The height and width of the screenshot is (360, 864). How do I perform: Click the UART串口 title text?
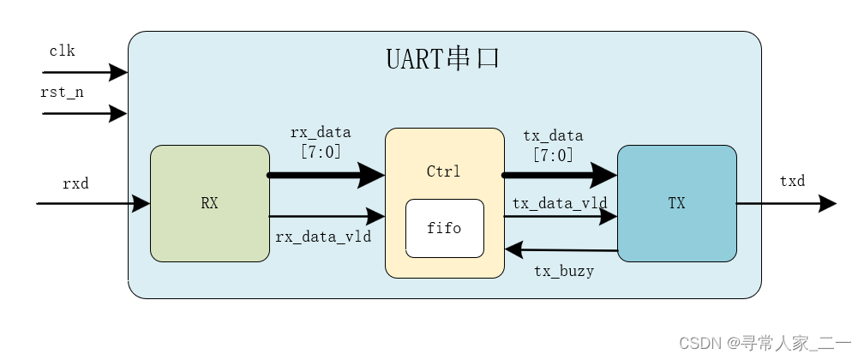click(442, 58)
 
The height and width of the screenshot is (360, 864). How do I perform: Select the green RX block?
click(210, 203)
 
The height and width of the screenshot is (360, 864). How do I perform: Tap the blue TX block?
click(676, 203)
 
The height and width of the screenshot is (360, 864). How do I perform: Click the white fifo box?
click(445, 228)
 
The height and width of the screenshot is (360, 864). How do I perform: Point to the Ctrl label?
click(444, 171)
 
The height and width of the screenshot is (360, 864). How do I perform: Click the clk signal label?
click(62, 51)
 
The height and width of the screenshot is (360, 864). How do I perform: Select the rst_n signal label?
click(62, 92)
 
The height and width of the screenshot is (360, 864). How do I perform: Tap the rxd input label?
click(75, 183)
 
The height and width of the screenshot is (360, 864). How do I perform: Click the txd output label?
click(792, 181)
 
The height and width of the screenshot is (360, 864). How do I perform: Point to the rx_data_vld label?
click(323, 237)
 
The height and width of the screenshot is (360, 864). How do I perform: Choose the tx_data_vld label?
click(560, 203)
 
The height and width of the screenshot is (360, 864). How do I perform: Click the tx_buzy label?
click(564, 271)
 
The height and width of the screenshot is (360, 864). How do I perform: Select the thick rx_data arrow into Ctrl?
click(326, 176)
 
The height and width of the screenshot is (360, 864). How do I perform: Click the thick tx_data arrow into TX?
click(559, 176)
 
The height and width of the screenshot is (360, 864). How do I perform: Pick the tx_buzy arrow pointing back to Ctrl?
click(561, 249)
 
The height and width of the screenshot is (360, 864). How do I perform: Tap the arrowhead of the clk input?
click(118, 72)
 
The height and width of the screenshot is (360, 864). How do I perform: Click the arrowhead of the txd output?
click(828, 203)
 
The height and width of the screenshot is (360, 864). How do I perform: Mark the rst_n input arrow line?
click(85, 113)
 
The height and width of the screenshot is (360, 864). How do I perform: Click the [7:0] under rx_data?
click(321, 152)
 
